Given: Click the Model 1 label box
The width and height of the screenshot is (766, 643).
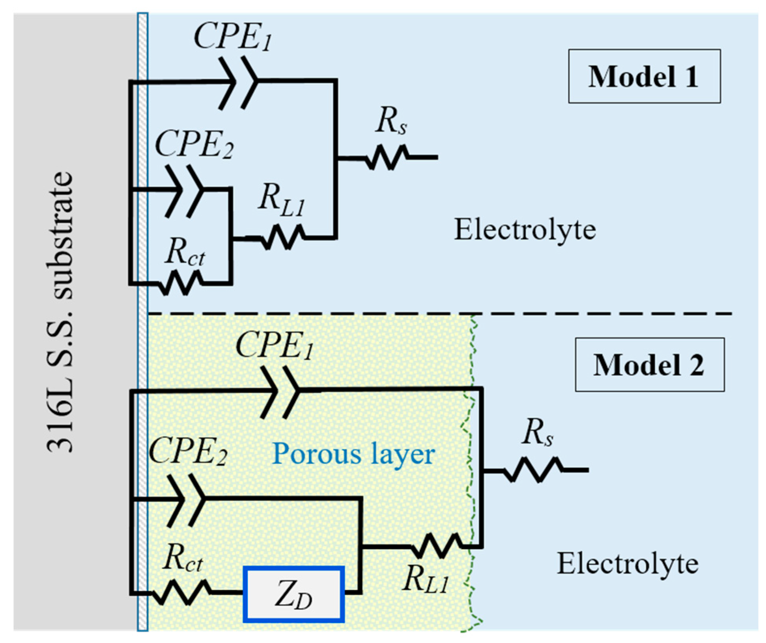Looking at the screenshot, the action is click(x=644, y=76).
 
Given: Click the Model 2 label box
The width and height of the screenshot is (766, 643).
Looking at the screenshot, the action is click(x=650, y=364).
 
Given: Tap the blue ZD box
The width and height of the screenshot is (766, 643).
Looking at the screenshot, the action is click(x=293, y=594).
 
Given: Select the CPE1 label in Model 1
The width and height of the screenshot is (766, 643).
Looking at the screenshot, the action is click(x=233, y=36).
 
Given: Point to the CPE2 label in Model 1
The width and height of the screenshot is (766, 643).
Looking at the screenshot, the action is click(x=194, y=144).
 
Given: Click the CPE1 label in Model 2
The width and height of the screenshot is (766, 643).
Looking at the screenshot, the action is click(x=275, y=345).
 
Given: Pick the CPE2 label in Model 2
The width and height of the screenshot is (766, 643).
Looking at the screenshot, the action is click(x=188, y=451).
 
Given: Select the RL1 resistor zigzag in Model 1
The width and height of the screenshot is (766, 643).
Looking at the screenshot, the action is click(x=283, y=237).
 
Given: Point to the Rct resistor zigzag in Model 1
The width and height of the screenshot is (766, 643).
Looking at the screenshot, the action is click(x=181, y=283).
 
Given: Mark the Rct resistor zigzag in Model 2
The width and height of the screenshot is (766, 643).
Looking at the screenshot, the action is click(x=181, y=592).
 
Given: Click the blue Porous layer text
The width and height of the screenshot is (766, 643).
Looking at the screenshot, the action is click(x=353, y=455).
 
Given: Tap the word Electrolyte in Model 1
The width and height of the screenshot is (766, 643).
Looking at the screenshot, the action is click(x=525, y=229).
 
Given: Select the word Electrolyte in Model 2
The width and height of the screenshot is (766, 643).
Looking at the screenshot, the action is click(x=628, y=564).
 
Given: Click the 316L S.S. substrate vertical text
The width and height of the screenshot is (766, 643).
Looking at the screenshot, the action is click(x=60, y=312).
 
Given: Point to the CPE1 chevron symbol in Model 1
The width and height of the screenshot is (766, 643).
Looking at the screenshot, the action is click(x=239, y=82).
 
